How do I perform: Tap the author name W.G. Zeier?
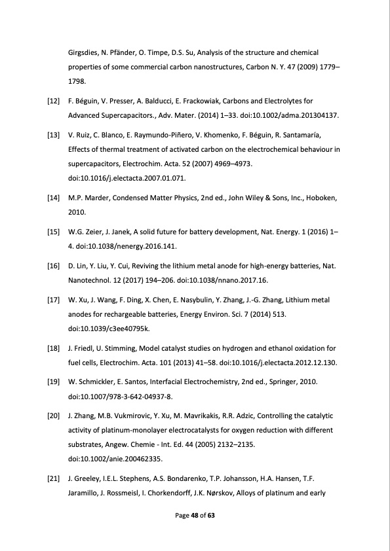[x=84, y=232]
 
